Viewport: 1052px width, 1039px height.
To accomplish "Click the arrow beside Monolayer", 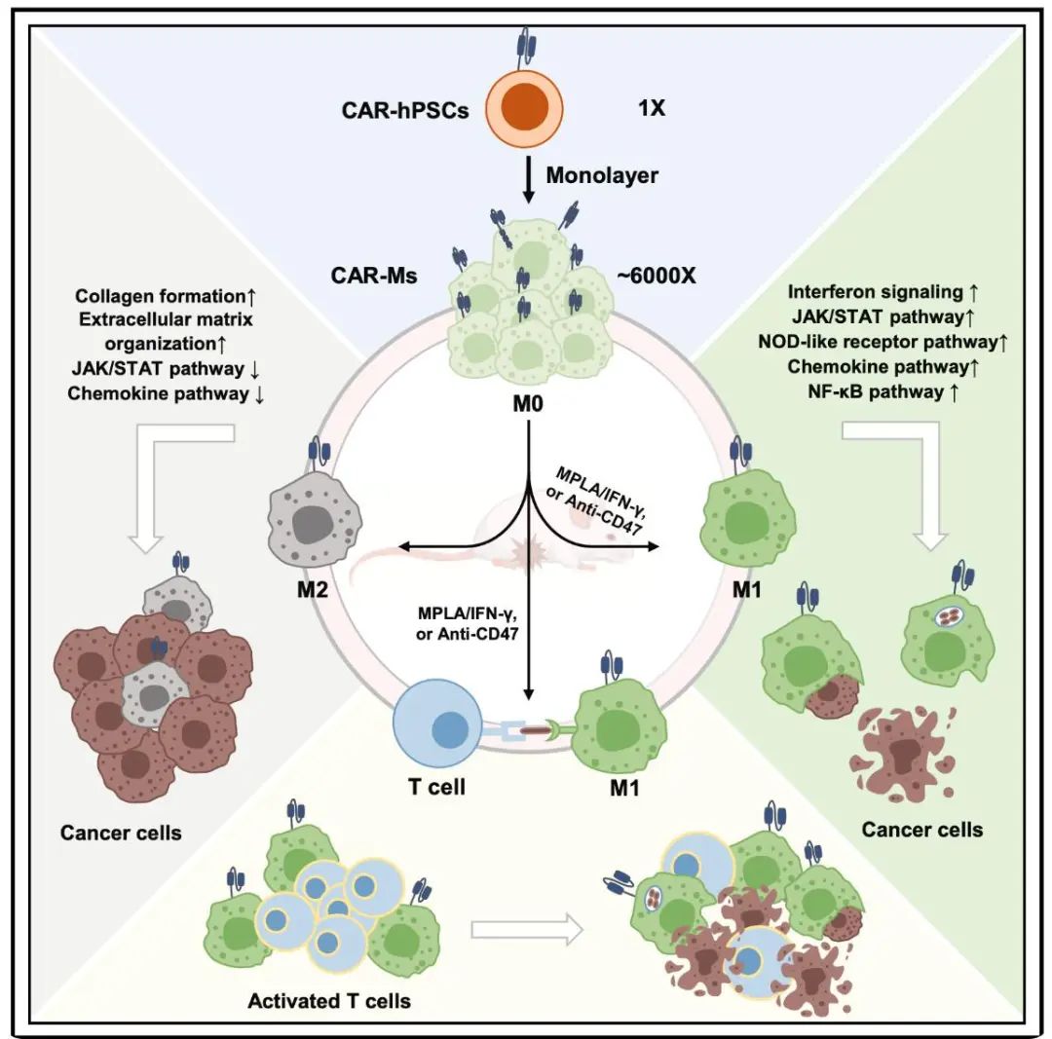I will click(x=526, y=180).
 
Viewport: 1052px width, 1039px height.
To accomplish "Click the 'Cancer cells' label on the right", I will click(x=921, y=830).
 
